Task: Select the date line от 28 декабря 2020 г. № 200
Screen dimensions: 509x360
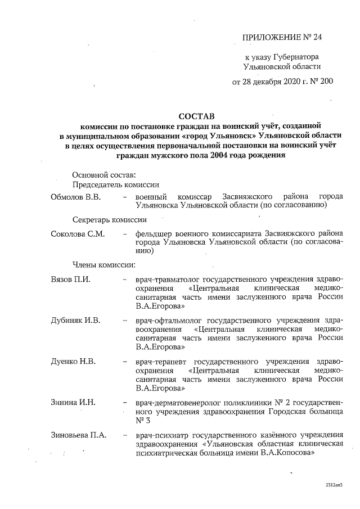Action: pos(282,81)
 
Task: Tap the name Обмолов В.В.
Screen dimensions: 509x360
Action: pos(76,197)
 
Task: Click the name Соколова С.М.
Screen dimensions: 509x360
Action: pos(78,234)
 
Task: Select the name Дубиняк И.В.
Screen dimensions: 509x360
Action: pos(75,321)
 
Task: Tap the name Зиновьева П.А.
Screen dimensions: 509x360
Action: pos(79,434)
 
